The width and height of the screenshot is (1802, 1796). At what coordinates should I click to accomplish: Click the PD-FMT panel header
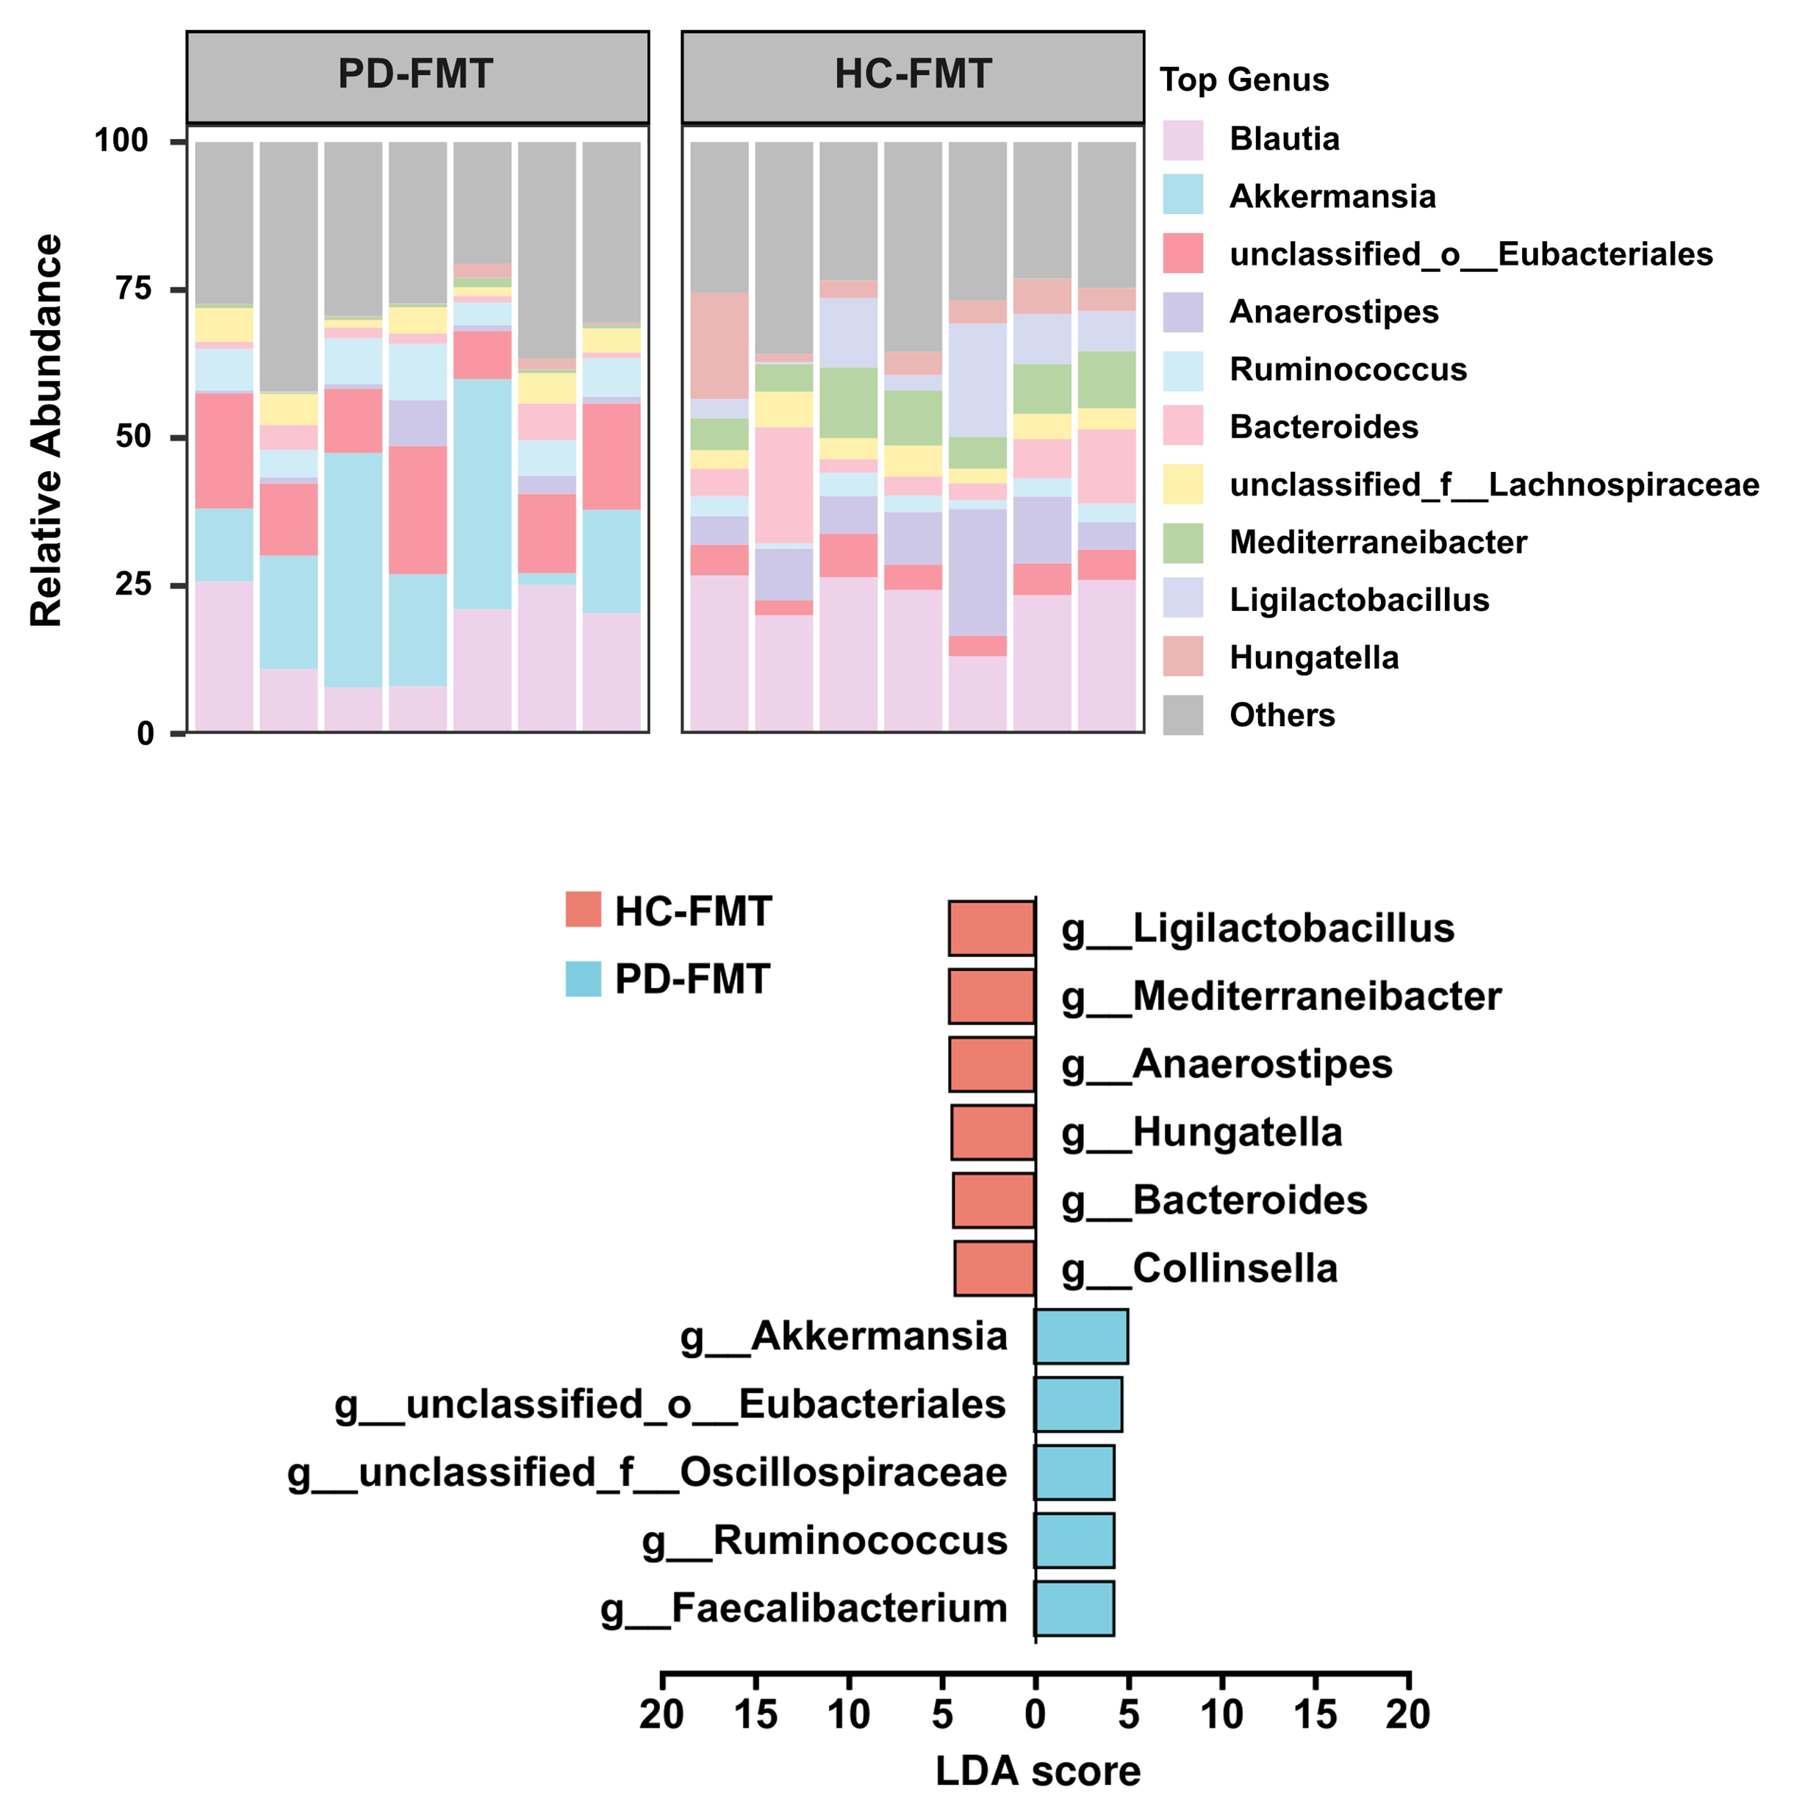pos(417,76)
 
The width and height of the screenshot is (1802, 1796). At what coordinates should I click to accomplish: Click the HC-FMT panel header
pos(912,76)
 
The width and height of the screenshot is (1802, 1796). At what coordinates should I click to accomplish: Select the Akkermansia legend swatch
pos(1182,195)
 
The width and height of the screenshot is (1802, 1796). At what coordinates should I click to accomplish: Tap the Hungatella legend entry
pos(1313,658)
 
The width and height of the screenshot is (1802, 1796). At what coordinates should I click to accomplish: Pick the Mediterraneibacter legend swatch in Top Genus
pos(1182,543)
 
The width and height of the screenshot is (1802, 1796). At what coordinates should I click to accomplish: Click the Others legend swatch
pos(1182,715)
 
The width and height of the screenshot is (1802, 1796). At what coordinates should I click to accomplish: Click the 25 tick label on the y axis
pos(133,585)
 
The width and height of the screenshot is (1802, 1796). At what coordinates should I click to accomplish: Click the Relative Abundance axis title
pos(46,430)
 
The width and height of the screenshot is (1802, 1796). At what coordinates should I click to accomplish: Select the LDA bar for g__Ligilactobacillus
pos(991,929)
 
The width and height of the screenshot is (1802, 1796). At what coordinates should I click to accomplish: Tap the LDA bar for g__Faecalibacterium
pos(1074,1609)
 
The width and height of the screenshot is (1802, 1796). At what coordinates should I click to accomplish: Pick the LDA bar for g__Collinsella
pos(994,1269)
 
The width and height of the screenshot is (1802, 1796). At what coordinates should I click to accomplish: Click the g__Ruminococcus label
pos(825,1540)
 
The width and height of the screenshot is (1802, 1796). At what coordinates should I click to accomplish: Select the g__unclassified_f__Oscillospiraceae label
pos(647,1473)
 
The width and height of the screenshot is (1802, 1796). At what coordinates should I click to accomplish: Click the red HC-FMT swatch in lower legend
pos(583,909)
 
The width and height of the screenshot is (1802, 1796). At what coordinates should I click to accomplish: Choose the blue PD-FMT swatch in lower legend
pos(583,979)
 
